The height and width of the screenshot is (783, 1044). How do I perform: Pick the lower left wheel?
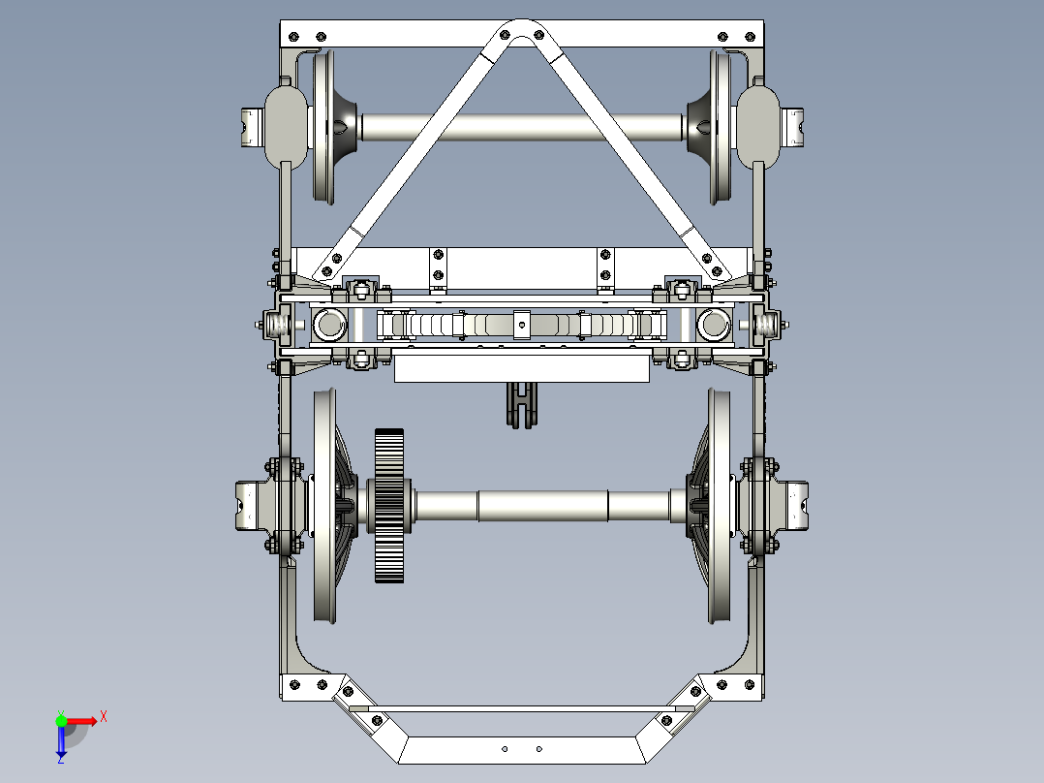tap(324, 506)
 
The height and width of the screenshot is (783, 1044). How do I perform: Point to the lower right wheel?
tap(721, 506)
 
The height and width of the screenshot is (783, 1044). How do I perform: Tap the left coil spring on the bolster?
tap(280, 325)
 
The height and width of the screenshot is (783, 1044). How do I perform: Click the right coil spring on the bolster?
tap(766, 325)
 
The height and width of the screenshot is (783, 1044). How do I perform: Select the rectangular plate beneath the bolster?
tap(521, 367)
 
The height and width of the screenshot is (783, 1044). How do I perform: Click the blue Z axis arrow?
tap(61, 745)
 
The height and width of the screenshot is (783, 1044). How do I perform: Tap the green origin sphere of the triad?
tap(61, 720)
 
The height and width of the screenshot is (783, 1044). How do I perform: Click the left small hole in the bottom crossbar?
tap(505, 748)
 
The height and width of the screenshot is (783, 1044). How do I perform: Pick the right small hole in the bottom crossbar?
tap(539, 748)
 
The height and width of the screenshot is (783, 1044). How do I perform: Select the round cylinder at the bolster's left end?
tap(329, 325)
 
